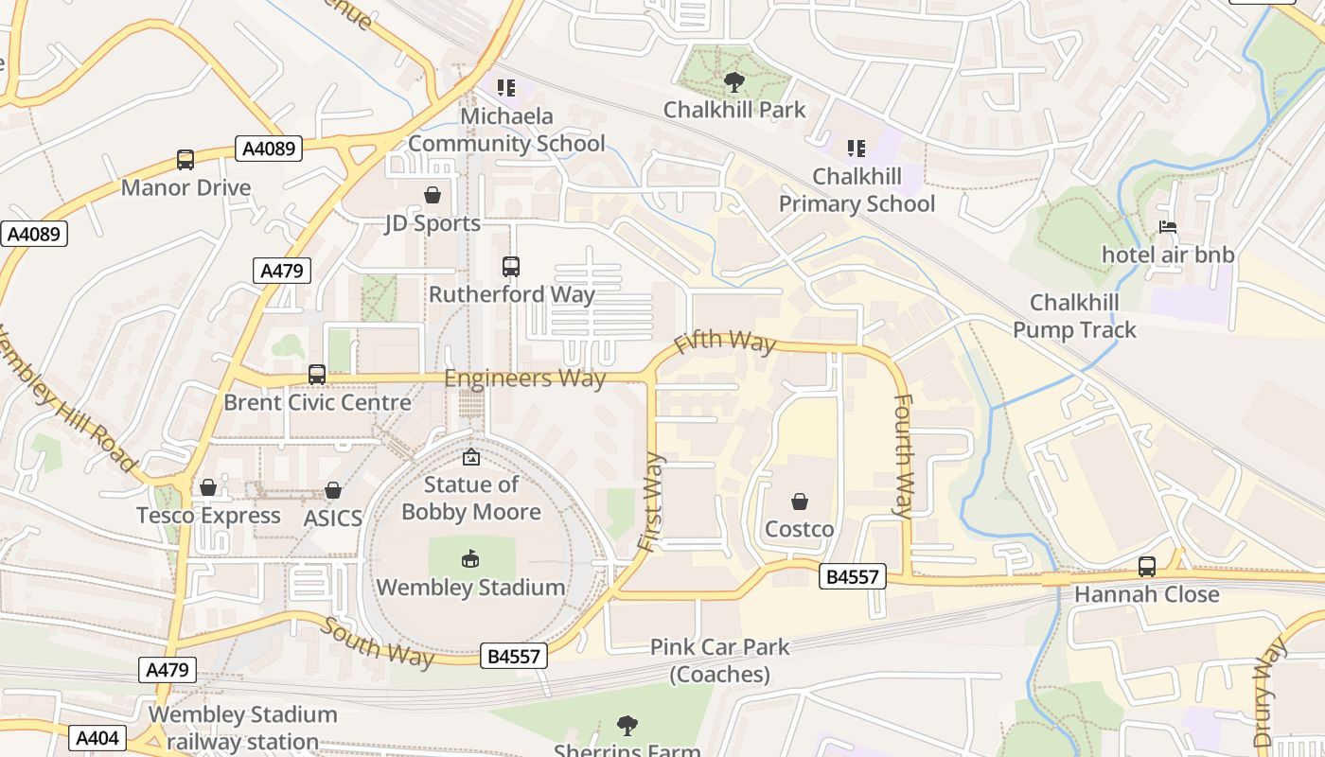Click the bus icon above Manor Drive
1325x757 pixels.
click(x=185, y=160)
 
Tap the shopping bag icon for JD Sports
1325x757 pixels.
click(x=433, y=195)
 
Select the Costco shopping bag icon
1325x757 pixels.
click(x=800, y=502)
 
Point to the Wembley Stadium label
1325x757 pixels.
click(x=470, y=588)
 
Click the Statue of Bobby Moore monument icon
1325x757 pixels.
click(x=470, y=458)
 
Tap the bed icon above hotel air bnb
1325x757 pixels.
click(x=1168, y=227)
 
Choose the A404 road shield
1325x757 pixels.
click(x=97, y=738)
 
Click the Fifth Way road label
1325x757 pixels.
click(x=725, y=342)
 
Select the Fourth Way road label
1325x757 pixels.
click(x=904, y=456)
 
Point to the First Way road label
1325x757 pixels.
click(x=651, y=502)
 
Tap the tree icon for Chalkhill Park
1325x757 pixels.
click(x=733, y=82)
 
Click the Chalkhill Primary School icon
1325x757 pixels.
click(x=856, y=149)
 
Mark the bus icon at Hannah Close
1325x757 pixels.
click(x=1147, y=567)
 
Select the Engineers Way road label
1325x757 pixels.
click(x=524, y=378)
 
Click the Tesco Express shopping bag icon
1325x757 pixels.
click(x=208, y=488)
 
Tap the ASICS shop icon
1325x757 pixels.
click(x=333, y=491)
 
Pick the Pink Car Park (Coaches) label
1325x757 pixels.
click(x=719, y=660)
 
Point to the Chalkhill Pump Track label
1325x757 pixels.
click(x=1074, y=316)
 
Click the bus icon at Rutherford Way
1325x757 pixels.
click(x=511, y=267)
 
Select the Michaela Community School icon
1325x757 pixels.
click(x=506, y=88)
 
